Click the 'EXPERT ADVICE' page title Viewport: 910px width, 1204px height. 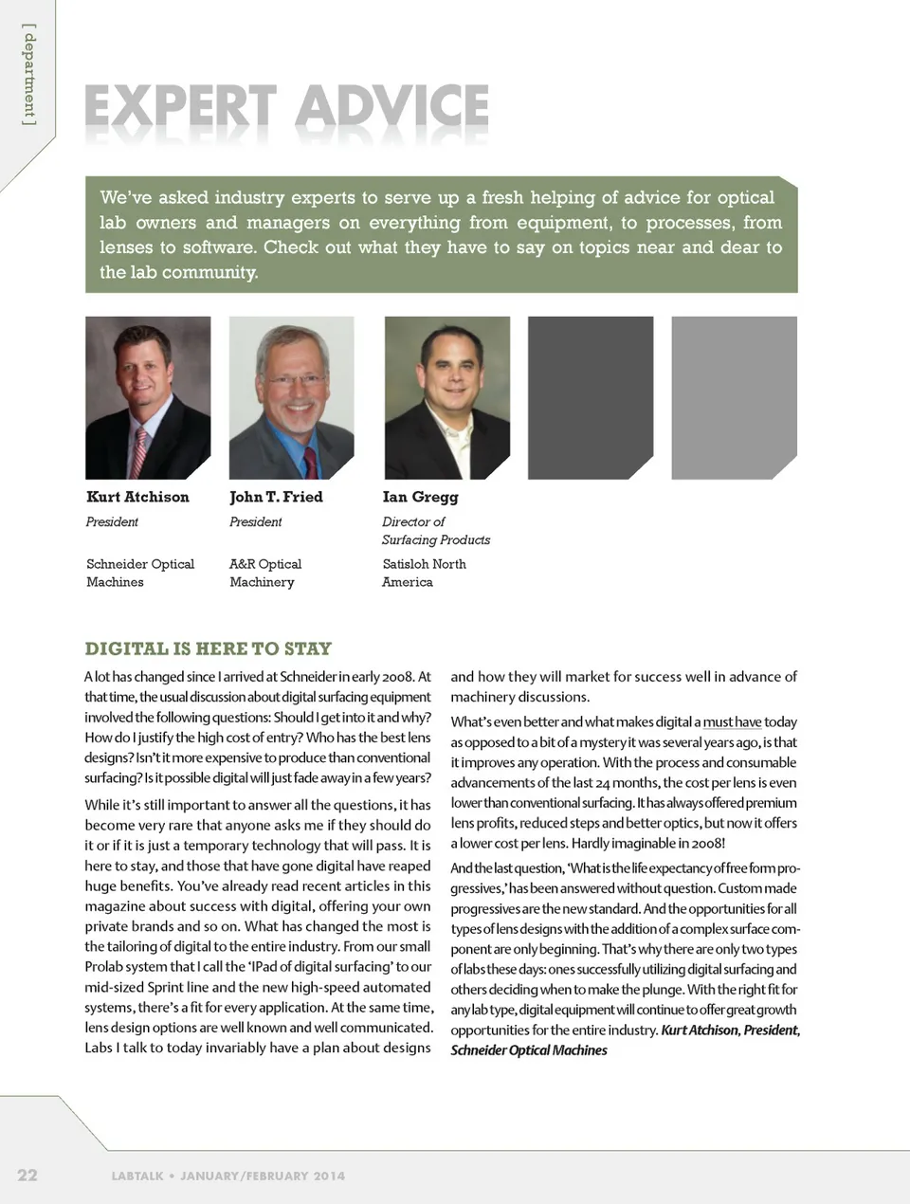click(286, 106)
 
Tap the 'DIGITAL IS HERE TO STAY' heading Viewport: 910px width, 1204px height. click(209, 648)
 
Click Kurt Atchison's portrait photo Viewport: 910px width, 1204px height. click(148, 398)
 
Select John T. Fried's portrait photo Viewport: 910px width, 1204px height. click(291, 398)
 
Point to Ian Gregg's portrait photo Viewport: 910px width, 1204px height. click(446, 398)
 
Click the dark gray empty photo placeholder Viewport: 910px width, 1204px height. click(590, 398)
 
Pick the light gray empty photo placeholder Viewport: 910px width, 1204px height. click(734, 398)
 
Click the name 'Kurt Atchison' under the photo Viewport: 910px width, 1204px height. click(137, 497)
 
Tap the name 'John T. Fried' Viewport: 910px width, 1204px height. click(276, 497)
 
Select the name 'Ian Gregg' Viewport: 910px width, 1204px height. click(420, 497)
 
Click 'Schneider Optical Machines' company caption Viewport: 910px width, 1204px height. click(139, 573)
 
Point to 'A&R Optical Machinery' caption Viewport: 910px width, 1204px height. click(265, 573)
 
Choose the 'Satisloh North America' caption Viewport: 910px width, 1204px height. click(424, 573)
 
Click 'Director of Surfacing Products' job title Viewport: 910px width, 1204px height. click(435, 531)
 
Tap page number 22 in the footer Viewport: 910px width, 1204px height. click(27, 1175)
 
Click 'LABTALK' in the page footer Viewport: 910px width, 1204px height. click(137, 1176)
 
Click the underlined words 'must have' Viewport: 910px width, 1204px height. click(732, 721)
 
